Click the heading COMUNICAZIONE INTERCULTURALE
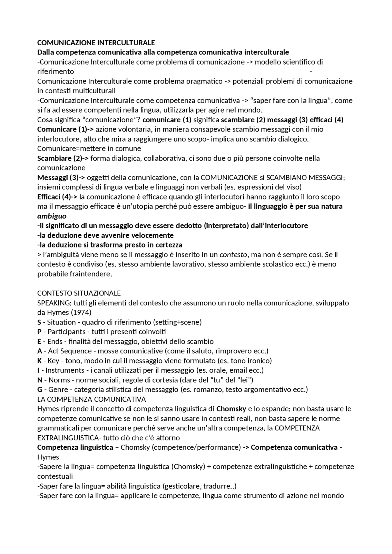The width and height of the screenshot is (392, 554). [x=96, y=43]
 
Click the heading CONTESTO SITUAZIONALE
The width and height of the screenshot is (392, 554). [x=79, y=293]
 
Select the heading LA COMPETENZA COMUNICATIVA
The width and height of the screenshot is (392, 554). [x=91, y=399]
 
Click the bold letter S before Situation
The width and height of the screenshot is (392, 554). [x=39, y=322]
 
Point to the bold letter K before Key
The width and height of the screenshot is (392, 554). [x=40, y=361]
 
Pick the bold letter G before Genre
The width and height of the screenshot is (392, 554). [x=40, y=390]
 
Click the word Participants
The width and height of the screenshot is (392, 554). [x=66, y=332]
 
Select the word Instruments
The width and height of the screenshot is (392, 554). [x=65, y=370]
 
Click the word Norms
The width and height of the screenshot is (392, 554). [x=59, y=380]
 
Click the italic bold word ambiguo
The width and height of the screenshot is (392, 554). [x=52, y=216]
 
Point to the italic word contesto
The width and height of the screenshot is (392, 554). [x=233, y=255]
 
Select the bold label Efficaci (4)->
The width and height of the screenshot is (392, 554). [x=57, y=197]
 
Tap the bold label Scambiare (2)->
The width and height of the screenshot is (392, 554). [x=63, y=158]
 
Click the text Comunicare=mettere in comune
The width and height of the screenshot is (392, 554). [x=89, y=149]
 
